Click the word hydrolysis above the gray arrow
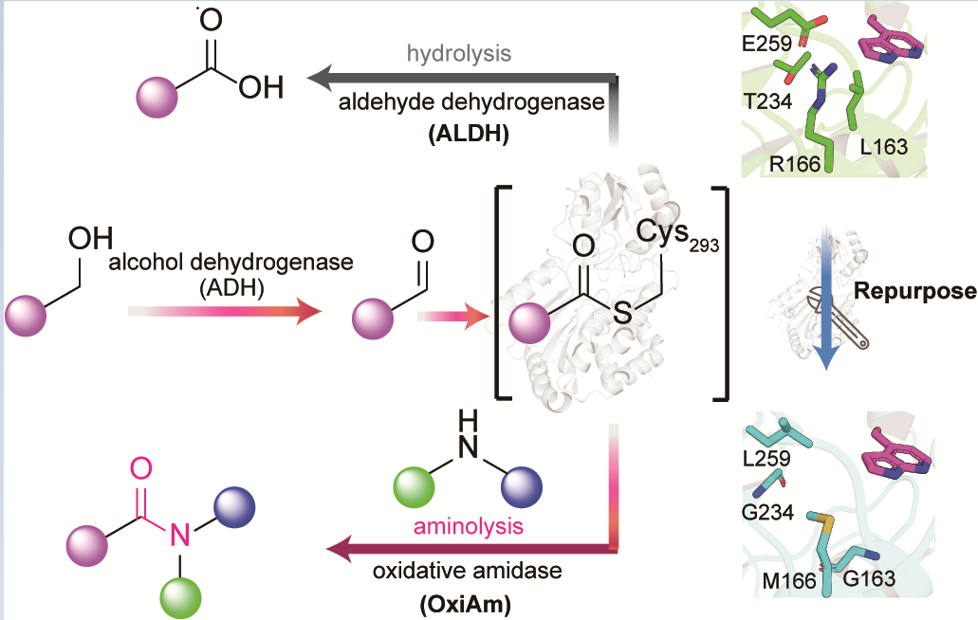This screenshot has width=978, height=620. pos(459,53)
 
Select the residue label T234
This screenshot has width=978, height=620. pos(766,102)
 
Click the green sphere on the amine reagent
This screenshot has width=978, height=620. pos(415,488)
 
